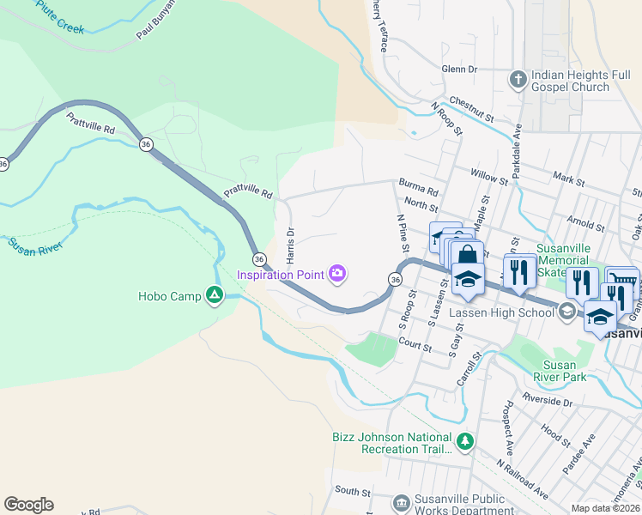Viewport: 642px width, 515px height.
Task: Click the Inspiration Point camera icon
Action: point(338,274)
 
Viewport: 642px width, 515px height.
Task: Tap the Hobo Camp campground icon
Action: point(215,296)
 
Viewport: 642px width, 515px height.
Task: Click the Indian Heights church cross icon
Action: point(518,80)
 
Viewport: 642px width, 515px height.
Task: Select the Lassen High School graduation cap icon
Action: point(566,312)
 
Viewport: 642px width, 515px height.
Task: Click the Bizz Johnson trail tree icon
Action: point(464,442)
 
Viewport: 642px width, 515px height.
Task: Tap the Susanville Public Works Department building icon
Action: point(401,502)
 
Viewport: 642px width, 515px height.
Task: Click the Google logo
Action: point(28,505)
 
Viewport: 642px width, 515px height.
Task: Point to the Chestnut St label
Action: point(471,109)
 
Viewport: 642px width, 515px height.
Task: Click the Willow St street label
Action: point(489,176)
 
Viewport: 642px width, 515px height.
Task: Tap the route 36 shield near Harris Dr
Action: point(258,258)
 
